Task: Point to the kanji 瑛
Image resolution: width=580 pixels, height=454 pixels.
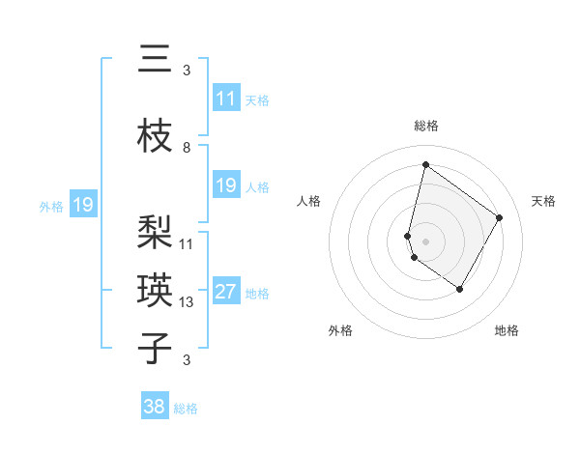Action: click(155, 290)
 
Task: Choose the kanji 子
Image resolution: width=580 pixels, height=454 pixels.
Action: click(155, 348)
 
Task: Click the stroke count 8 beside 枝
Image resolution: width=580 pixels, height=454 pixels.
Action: click(187, 148)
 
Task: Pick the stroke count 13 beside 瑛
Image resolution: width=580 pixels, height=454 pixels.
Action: click(187, 302)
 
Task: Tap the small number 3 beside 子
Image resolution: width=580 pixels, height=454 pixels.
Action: click(187, 360)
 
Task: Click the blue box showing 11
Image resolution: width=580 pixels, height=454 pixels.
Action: click(226, 99)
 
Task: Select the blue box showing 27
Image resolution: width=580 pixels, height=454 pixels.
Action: click(226, 292)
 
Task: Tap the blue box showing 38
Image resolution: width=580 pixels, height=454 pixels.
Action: click(155, 407)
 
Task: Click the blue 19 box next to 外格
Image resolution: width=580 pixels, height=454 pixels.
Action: click(82, 205)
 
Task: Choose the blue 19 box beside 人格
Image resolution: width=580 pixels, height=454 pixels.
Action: click(226, 185)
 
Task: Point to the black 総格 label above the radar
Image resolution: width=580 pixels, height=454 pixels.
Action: click(426, 126)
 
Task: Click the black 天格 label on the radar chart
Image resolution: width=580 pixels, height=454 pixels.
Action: click(543, 201)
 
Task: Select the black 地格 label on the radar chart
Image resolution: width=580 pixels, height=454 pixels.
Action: click(507, 330)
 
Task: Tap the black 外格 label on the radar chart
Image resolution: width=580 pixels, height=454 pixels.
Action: click(340, 330)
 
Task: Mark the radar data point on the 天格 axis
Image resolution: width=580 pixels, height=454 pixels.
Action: click(500, 217)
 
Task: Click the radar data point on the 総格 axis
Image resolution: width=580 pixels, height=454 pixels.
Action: click(425, 164)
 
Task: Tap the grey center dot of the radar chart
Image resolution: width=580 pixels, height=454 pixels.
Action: click(425, 241)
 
